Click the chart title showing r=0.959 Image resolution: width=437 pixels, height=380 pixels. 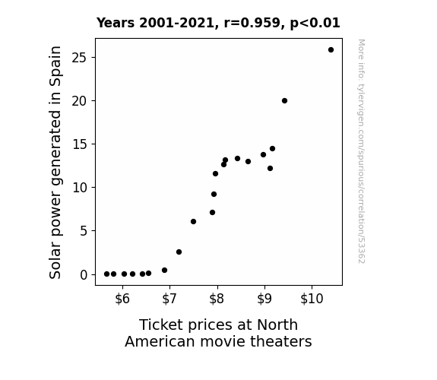click(218, 23)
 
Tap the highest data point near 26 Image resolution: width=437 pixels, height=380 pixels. click(331, 50)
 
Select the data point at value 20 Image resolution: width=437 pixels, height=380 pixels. click(284, 100)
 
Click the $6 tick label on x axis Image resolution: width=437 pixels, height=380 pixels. click(122, 299)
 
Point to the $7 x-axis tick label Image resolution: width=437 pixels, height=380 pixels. click(169, 299)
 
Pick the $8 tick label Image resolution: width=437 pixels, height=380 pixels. click(217, 299)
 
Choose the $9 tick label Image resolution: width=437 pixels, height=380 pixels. click(264, 299)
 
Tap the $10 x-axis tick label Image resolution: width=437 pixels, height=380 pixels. click(312, 299)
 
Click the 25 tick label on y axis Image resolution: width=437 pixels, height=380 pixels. click(80, 58)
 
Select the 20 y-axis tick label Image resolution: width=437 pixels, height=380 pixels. click(80, 101)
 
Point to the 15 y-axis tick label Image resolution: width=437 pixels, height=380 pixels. click(80, 144)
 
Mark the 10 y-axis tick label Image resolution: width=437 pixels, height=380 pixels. click(80, 188)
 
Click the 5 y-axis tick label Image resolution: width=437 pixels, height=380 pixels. click(84, 231)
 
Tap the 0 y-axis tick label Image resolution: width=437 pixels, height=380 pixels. click(84, 275)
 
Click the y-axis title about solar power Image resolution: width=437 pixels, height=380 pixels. click(55, 162)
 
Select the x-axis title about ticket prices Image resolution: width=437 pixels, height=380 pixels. click(218, 333)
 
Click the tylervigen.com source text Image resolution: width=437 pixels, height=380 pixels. click(361, 151)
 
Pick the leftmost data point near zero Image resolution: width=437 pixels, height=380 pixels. click(106, 274)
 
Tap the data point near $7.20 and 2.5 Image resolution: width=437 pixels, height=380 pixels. click(179, 252)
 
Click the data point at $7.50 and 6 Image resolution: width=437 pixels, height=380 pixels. click(193, 222)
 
